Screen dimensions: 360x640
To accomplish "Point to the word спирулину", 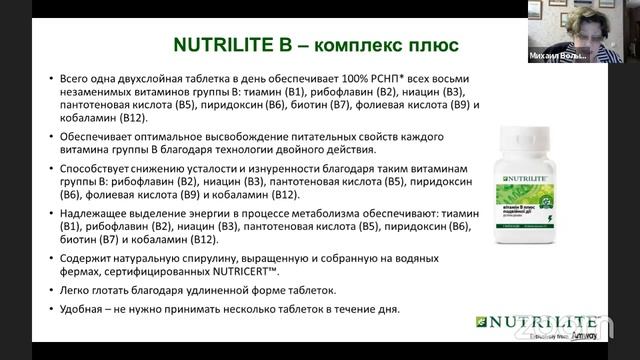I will point(200,258).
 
